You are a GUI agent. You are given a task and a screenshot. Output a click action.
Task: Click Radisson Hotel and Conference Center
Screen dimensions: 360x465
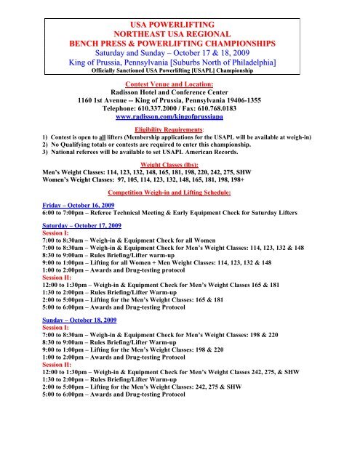tap(179, 94)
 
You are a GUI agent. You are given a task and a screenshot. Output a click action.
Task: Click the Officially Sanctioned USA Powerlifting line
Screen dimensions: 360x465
tap(179, 63)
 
